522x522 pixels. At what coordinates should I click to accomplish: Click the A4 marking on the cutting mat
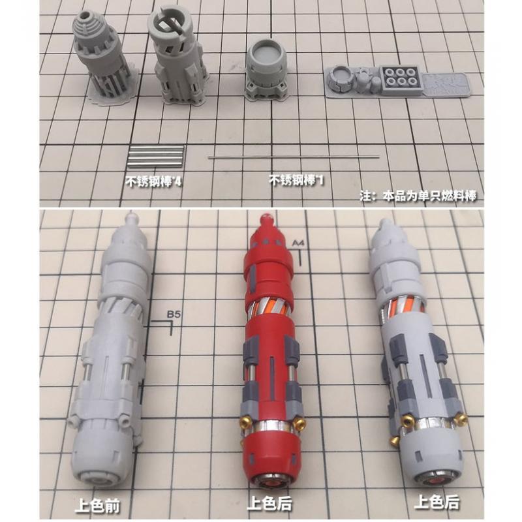coord(298,243)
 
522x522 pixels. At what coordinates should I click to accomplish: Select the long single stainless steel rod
coord(294,157)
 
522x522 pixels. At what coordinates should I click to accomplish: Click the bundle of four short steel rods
coord(155,156)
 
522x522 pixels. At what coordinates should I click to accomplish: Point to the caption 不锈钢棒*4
coord(153,181)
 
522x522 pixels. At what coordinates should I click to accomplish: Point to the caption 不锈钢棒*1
coord(296,180)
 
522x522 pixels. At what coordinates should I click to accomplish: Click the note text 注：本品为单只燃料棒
coord(418,196)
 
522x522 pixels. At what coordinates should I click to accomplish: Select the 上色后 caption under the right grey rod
coord(437,502)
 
